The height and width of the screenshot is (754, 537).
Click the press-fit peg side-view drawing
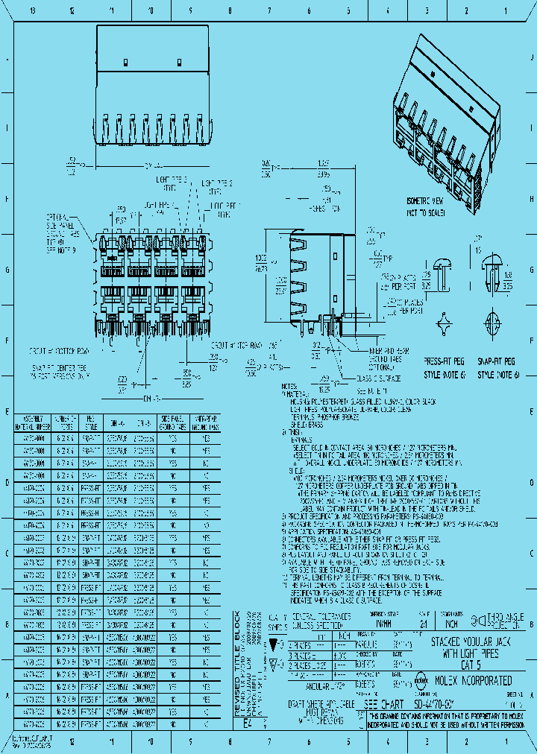pyautogui.click(x=443, y=276)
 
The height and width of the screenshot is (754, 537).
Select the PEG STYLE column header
pyautogui.click(x=90, y=423)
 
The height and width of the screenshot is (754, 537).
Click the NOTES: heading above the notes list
pyautogui.click(x=289, y=387)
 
